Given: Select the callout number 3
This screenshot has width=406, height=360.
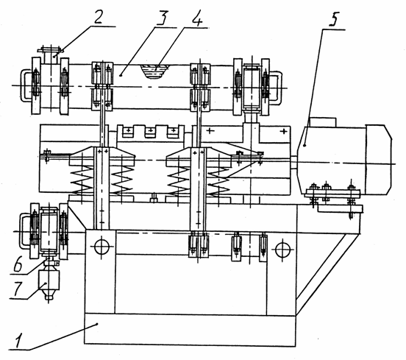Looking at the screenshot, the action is [162, 17].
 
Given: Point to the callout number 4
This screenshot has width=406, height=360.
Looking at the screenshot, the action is [197, 18].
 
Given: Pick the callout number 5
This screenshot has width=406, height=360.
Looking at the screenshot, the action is [334, 19].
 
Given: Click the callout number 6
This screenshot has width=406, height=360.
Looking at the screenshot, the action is [18, 264].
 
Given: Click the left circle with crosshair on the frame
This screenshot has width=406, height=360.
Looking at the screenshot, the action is [101, 246].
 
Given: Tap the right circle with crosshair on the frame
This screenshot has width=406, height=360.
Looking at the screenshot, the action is [281, 250].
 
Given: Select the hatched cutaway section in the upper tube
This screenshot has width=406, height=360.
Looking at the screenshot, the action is [154, 72].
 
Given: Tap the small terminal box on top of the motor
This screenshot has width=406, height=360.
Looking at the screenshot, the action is [323, 122].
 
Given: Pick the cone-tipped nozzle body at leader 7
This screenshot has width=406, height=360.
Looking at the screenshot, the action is [49, 284].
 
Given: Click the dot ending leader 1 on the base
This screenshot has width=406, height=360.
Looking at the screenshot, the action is [97, 323].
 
